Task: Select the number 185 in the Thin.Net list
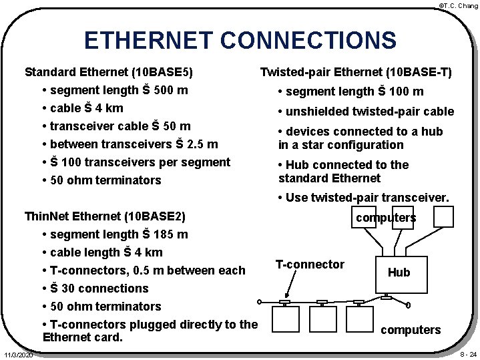point(161,235)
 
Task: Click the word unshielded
point(315,112)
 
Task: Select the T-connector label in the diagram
point(310,264)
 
